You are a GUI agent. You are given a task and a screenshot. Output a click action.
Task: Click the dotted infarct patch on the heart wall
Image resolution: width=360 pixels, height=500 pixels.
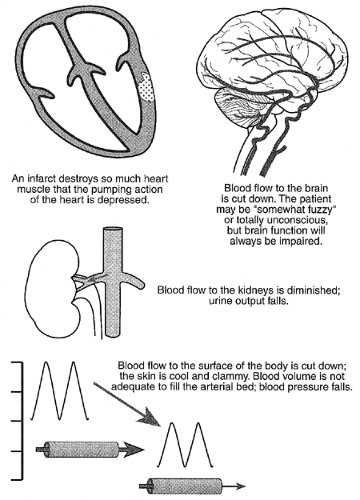[147, 87]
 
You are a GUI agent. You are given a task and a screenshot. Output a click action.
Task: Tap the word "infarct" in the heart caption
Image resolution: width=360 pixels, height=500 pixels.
[41, 179]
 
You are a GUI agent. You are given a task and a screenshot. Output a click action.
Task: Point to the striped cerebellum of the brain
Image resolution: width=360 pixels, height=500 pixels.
[229, 109]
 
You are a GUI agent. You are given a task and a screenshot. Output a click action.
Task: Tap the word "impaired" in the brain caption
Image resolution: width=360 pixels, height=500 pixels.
[302, 241]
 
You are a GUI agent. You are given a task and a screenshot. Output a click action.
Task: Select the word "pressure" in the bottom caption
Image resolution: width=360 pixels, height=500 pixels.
[312, 387]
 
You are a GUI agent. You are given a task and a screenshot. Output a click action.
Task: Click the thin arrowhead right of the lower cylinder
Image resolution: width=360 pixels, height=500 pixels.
[240, 486]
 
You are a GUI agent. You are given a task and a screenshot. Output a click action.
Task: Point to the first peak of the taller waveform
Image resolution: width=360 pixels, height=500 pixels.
[46, 362]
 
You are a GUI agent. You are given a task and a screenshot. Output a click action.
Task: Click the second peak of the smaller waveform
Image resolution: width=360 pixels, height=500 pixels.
[199, 424]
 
